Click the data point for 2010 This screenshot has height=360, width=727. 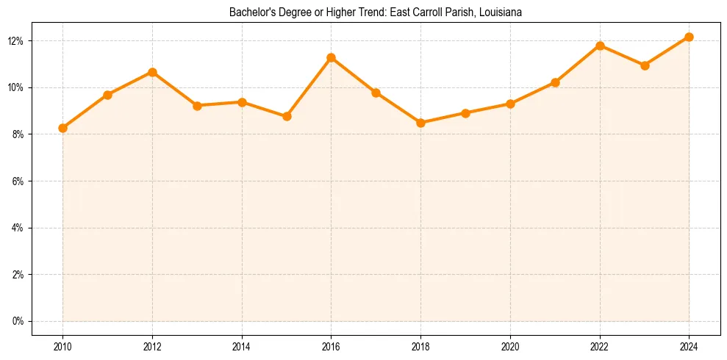coord(62,128)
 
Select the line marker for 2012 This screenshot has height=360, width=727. coord(152,72)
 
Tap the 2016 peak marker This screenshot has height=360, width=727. coord(331,57)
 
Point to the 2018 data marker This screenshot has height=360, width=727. coord(420,123)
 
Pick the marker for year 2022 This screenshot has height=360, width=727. coord(600,46)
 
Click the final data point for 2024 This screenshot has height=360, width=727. coord(689,37)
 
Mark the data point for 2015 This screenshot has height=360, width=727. coord(287,116)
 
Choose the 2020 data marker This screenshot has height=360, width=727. coord(510,104)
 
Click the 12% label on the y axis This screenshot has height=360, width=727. coord(16,40)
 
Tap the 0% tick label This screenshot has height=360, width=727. coord(18,321)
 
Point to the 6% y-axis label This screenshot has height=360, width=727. coord(18,181)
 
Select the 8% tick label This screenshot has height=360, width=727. coord(18,134)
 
